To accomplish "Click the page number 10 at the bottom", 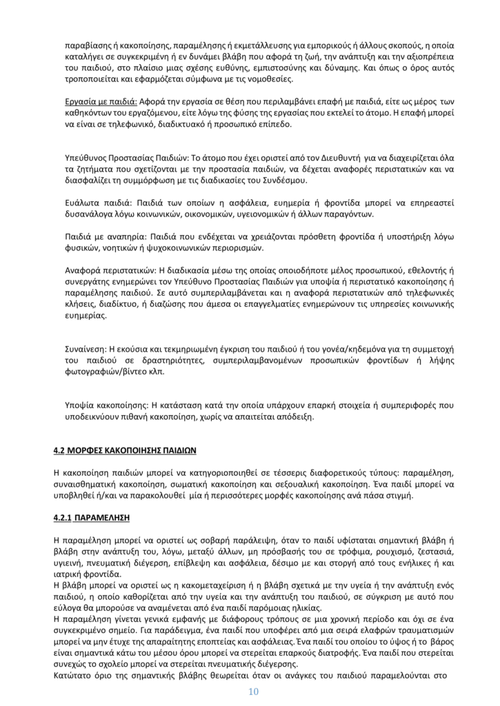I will pos(250,692).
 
